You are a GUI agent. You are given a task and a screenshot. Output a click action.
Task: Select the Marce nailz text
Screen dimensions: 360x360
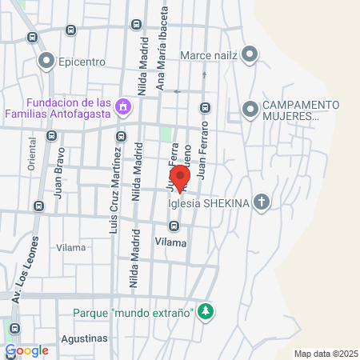(210, 55)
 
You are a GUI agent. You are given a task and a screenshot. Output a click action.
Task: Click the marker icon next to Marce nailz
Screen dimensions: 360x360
(250, 55)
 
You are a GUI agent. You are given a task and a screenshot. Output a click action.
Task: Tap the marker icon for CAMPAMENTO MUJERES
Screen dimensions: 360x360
(250, 106)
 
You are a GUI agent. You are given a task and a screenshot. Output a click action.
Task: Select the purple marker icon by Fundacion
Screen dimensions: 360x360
(123, 106)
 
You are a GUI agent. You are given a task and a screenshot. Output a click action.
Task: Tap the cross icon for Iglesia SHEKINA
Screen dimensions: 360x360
(261, 202)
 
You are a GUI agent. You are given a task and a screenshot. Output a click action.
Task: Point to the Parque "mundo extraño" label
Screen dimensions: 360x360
(132, 312)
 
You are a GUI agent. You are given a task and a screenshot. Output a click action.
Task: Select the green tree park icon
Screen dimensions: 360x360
(206, 311)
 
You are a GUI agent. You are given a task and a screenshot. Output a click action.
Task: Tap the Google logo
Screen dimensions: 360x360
(27, 350)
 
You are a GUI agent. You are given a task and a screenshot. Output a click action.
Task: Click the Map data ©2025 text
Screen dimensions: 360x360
(323, 354)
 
